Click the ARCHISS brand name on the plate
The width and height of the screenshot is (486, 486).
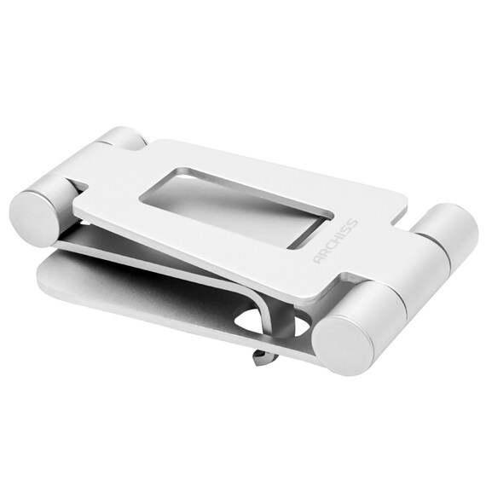click(x=336, y=240)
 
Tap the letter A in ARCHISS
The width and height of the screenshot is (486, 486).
click(x=318, y=258)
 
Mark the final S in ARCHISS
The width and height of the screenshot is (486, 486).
click(x=354, y=223)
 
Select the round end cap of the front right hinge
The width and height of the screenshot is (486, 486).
click(x=344, y=345)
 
